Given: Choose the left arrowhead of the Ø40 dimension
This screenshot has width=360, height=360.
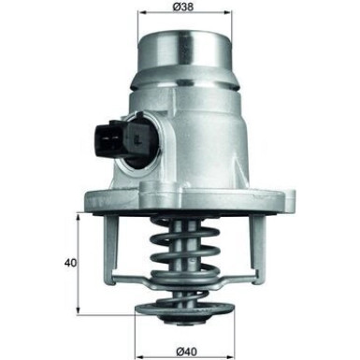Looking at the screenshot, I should (x=138, y=343).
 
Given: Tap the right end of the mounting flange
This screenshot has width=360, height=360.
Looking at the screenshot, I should (x=286, y=199).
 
